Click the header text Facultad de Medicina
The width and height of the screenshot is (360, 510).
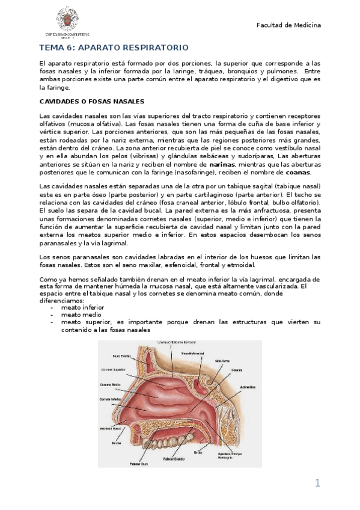pos(288,25)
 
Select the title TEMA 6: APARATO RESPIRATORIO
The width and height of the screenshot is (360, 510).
pos(114,48)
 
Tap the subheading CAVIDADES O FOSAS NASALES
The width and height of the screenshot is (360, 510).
pos(91,101)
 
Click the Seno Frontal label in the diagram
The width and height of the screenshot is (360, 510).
pos(113,356)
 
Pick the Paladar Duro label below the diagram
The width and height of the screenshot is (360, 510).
pos(138,464)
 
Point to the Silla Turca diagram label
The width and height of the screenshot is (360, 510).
pos(224,361)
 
